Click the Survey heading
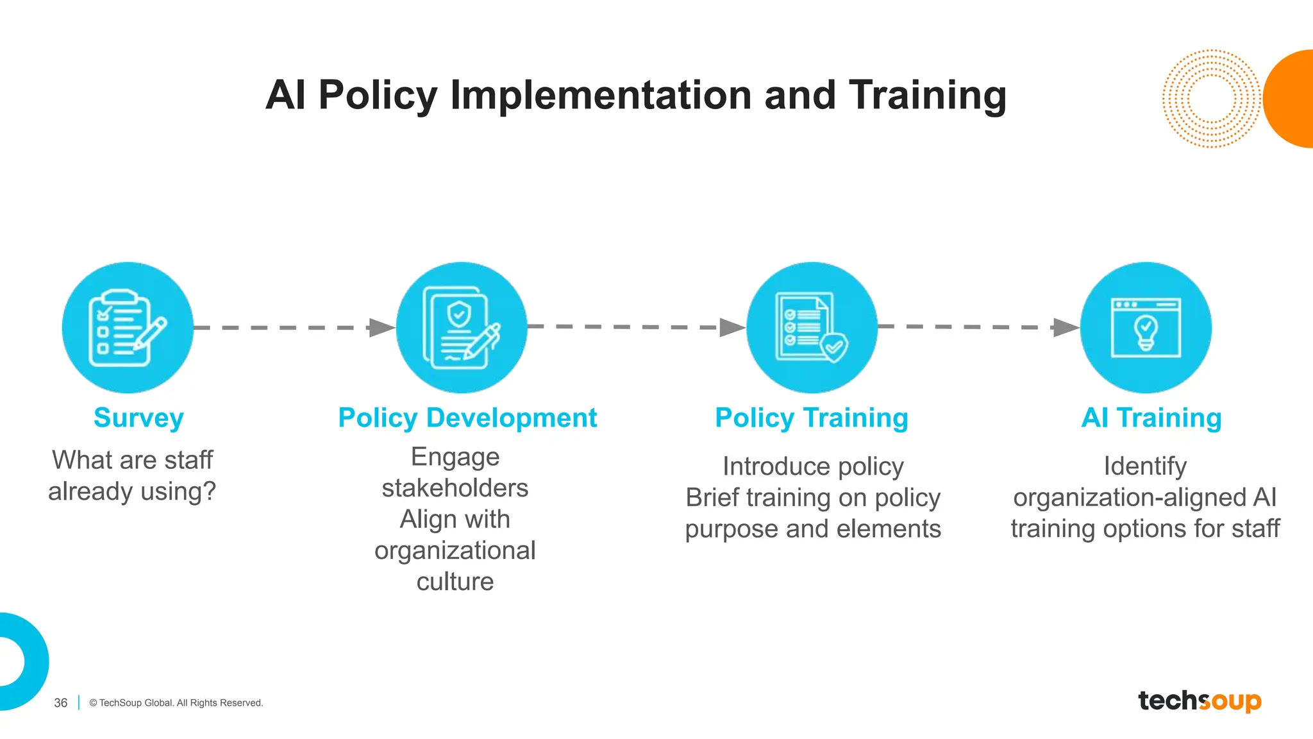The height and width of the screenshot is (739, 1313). pos(138,418)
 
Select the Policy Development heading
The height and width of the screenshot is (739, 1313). pos(467,418)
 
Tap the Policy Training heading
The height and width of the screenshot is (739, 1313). pos(812,418)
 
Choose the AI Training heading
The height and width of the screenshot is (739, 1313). pos(1151,418)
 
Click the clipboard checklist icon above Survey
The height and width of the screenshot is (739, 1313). pos(127,328)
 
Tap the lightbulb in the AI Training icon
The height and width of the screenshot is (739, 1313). pos(1146,332)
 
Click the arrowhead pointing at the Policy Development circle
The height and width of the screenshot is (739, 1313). pos(382,328)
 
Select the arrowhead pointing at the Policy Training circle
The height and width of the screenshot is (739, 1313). pos(732,327)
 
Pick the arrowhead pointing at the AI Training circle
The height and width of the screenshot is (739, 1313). pos(1066,327)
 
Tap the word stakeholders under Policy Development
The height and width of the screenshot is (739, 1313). pos(455,488)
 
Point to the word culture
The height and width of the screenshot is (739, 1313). pos(455,582)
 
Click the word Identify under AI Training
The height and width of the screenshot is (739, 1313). pos(1145,466)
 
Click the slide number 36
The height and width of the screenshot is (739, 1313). pos(61,703)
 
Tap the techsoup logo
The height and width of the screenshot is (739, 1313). pos(1200,701)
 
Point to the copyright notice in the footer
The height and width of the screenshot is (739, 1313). pos(176,703)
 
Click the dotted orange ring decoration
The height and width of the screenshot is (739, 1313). pos(1211,99)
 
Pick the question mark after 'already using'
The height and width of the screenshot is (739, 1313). pos(209,491)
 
